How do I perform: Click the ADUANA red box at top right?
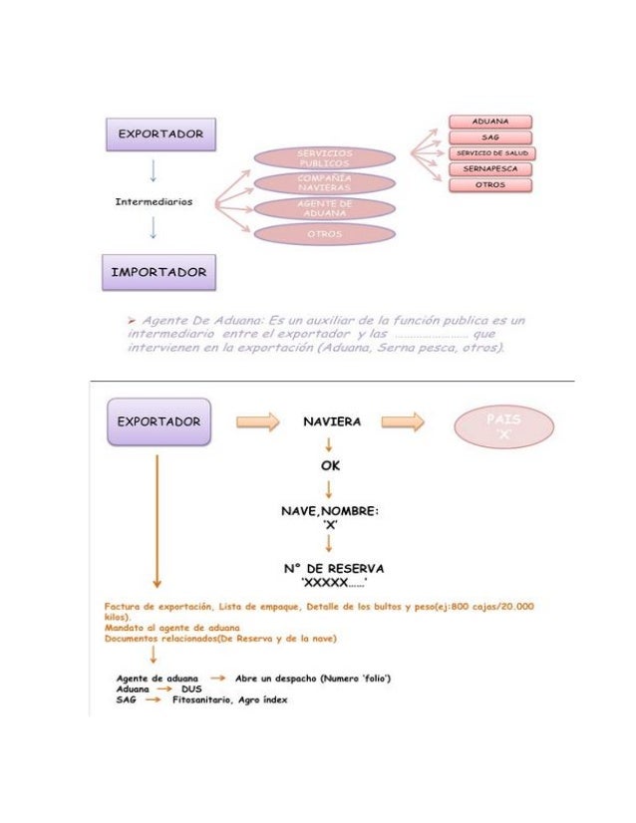[x=490, y=122]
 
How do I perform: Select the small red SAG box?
[x=490, y=137]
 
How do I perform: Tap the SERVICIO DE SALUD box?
[x=490, y=153]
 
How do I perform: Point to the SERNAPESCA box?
[x=490, y=169]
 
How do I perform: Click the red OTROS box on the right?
[x=490, y=185]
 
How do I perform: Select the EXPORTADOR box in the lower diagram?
[x=159, y=421]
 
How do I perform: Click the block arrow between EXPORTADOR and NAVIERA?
[x=257, y=422]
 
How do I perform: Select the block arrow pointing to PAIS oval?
[x=403, y=422]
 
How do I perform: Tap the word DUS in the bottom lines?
[x=189, y=688]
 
